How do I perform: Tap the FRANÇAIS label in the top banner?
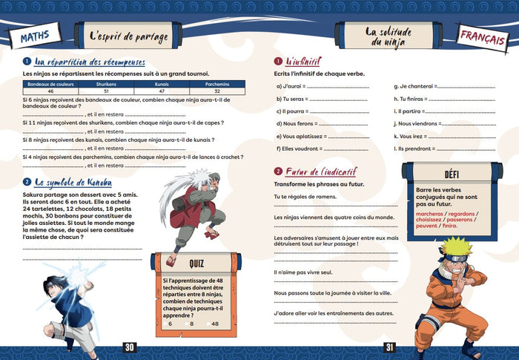tap(481, 37)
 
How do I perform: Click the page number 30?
tap(130, 349)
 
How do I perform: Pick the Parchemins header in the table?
tap(216, 85)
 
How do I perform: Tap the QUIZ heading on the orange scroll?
tap(196, 262)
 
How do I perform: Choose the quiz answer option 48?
tap(215, 323)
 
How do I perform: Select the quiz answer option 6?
tap(170, 323)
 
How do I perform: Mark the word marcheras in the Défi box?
tap(432, 213)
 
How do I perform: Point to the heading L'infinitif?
tap(303, 62)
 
